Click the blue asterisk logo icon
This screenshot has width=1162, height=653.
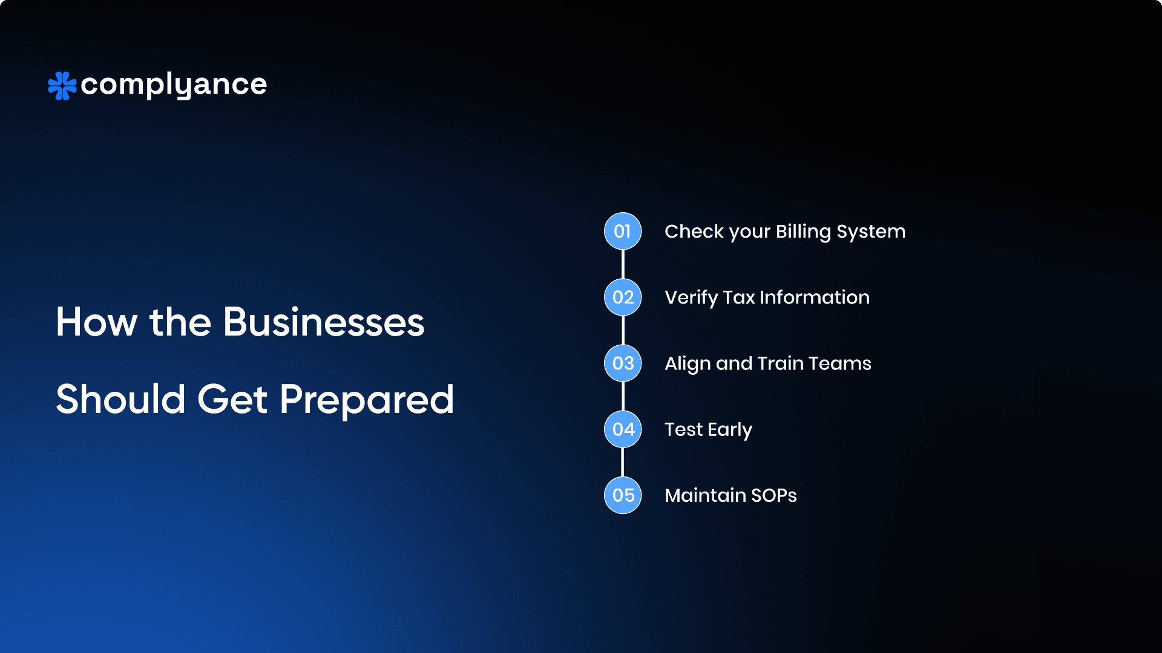coord(62,86)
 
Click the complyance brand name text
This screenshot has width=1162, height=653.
coord(174,85)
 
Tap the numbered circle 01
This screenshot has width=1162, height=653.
coord(623,231)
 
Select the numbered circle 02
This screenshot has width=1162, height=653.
coord(623,297)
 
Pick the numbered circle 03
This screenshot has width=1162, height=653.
coord(623,363)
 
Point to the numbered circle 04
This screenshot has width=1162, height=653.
coord(623,429)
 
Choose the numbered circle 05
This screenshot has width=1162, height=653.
coord(623,495)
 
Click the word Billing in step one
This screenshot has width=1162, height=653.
coord(803,232)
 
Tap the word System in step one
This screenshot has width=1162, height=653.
coord(871,232)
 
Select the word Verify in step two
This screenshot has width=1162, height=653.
coord(691,298)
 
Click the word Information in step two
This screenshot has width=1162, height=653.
coord(815,297)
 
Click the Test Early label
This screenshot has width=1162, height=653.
coord(709,430)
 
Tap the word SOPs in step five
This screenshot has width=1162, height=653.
coord(774,495)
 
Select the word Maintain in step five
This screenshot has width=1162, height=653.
coord(706,495)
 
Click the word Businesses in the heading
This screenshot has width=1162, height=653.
coord(324,322)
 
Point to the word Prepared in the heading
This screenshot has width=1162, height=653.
coord(367,400)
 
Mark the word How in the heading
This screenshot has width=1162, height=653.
coord(97,322)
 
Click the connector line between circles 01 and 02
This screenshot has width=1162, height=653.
coord(623,264)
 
